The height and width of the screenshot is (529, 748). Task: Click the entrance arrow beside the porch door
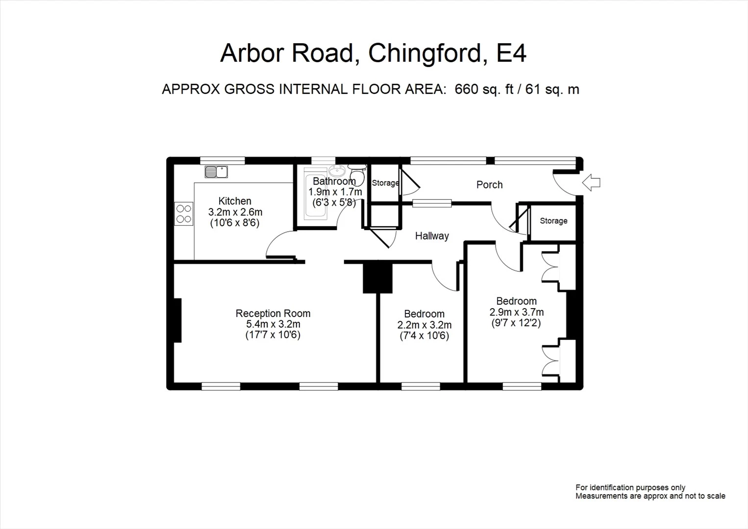[x=592, y=183]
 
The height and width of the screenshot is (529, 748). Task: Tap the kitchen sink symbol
[x=216, y=171]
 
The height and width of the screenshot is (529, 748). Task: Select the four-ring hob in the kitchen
[x=184, y=214]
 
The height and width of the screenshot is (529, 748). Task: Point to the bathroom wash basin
[x=336, y=171]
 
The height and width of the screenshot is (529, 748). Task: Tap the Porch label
[x=489, y=185]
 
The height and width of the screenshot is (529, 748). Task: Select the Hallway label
[x=432, y=236]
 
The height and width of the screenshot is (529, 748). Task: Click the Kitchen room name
[x=235, y=201]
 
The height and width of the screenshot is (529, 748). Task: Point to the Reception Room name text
[x=273, y=313]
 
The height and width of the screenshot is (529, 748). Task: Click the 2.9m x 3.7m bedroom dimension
[x=516, y=312]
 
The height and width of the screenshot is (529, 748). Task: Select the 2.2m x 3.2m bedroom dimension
[x=424, y=325]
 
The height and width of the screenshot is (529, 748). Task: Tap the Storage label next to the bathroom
[x=385, y=183]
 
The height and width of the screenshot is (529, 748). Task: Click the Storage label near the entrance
[x=553, y=221]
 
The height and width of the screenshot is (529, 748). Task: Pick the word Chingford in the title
[x=425, y=53]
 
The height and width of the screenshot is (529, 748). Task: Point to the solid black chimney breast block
[x=378, y=278]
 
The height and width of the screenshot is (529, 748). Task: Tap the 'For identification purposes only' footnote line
[x=630, y=487]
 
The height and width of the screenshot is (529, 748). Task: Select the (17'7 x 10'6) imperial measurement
[x=273, y=336]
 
